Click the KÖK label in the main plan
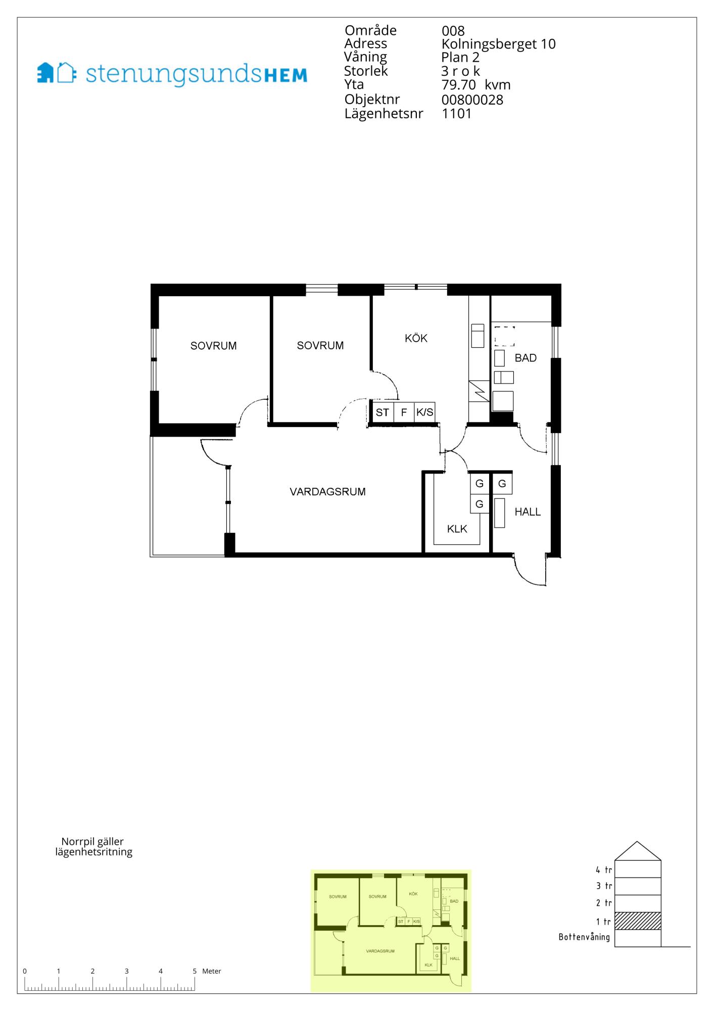coord(416,338)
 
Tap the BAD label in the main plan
coord(526,358)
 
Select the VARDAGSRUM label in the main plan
coord(327,491)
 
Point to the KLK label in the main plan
coord(457,529)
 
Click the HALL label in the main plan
coord(528,512)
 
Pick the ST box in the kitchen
coord(383,412)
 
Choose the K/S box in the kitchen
coord(424,412)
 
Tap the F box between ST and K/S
coord(404,412)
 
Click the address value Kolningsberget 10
coord(498,44)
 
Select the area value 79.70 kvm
coord(476,85)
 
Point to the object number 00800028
coord(472,100)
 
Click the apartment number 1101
coord(457,113)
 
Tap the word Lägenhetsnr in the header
coord(384,114)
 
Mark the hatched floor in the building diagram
coord(638,921)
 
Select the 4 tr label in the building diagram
coord(604,870)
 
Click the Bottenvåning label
coord(584,937)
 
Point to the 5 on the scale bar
coord(195,971)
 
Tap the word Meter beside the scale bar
coord(212,971)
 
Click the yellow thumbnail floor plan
coord(391,931)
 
